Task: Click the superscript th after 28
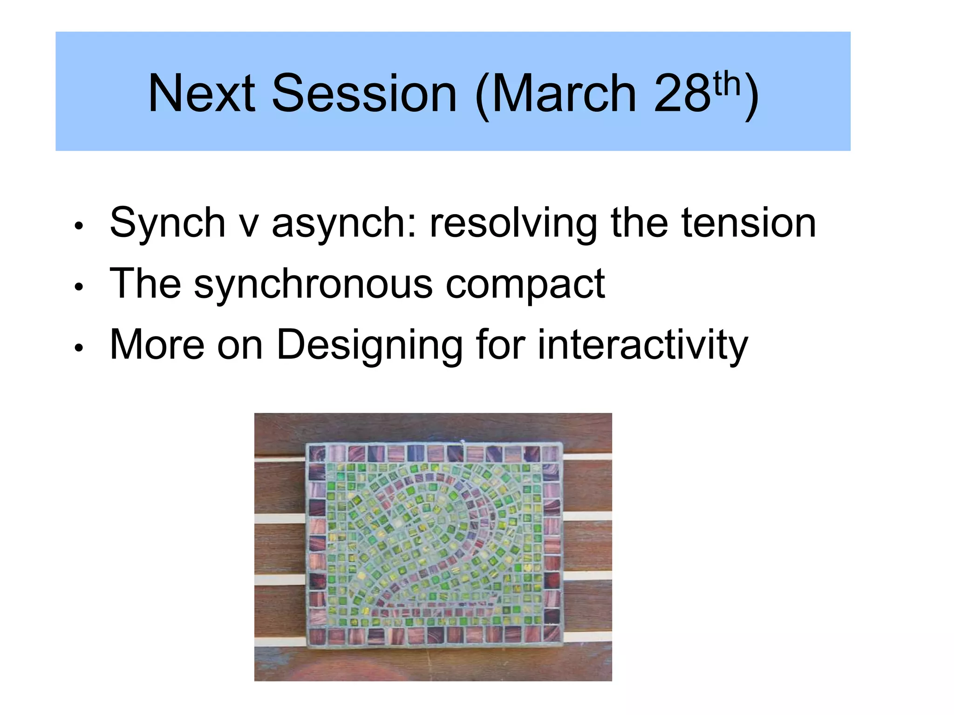[x=727, y=84]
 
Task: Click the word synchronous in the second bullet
[x=313, y=284]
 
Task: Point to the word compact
[x=525, y=285]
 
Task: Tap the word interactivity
[x=643, y=345]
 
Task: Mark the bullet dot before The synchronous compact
[x=79, y=287]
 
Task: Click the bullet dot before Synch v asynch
[x=79, y=226]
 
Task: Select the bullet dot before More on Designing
[x=79, y=348]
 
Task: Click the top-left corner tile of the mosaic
[x=317, y=453]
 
